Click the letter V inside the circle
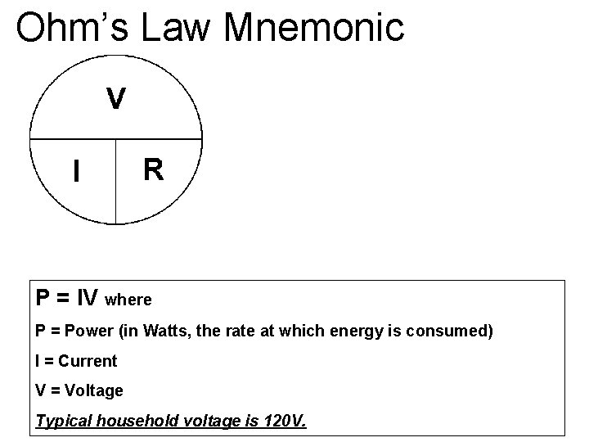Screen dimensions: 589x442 pos(116,99)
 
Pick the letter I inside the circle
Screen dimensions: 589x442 pos(76,171)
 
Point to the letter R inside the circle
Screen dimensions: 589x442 pos(153,169)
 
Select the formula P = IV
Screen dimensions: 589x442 pos(68,298)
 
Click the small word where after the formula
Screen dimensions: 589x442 pos(128,300)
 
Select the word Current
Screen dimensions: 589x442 pos(88,361)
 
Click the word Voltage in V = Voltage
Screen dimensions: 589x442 pos(93,391)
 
